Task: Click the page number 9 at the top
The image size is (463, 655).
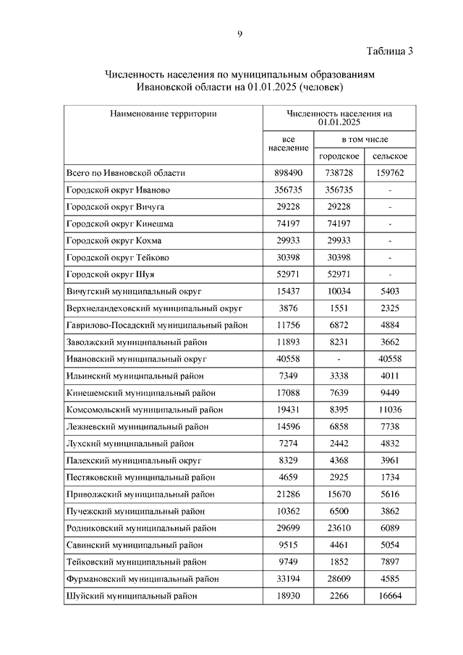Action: coord(239,33)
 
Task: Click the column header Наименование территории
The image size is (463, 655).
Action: coord(163,114)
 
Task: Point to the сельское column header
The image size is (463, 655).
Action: coord(389,156)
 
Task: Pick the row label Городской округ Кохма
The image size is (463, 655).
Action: coord(114,240)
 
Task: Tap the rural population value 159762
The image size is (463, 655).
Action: coord(389,173)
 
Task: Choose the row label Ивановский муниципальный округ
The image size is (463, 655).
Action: coord(137,358)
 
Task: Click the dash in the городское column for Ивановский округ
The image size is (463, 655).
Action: coord(339,359)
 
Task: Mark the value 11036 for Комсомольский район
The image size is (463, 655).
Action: coord(389,410)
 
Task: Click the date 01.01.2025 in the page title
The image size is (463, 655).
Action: coord(273,88)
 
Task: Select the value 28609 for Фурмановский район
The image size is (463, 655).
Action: coord(339,578)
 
